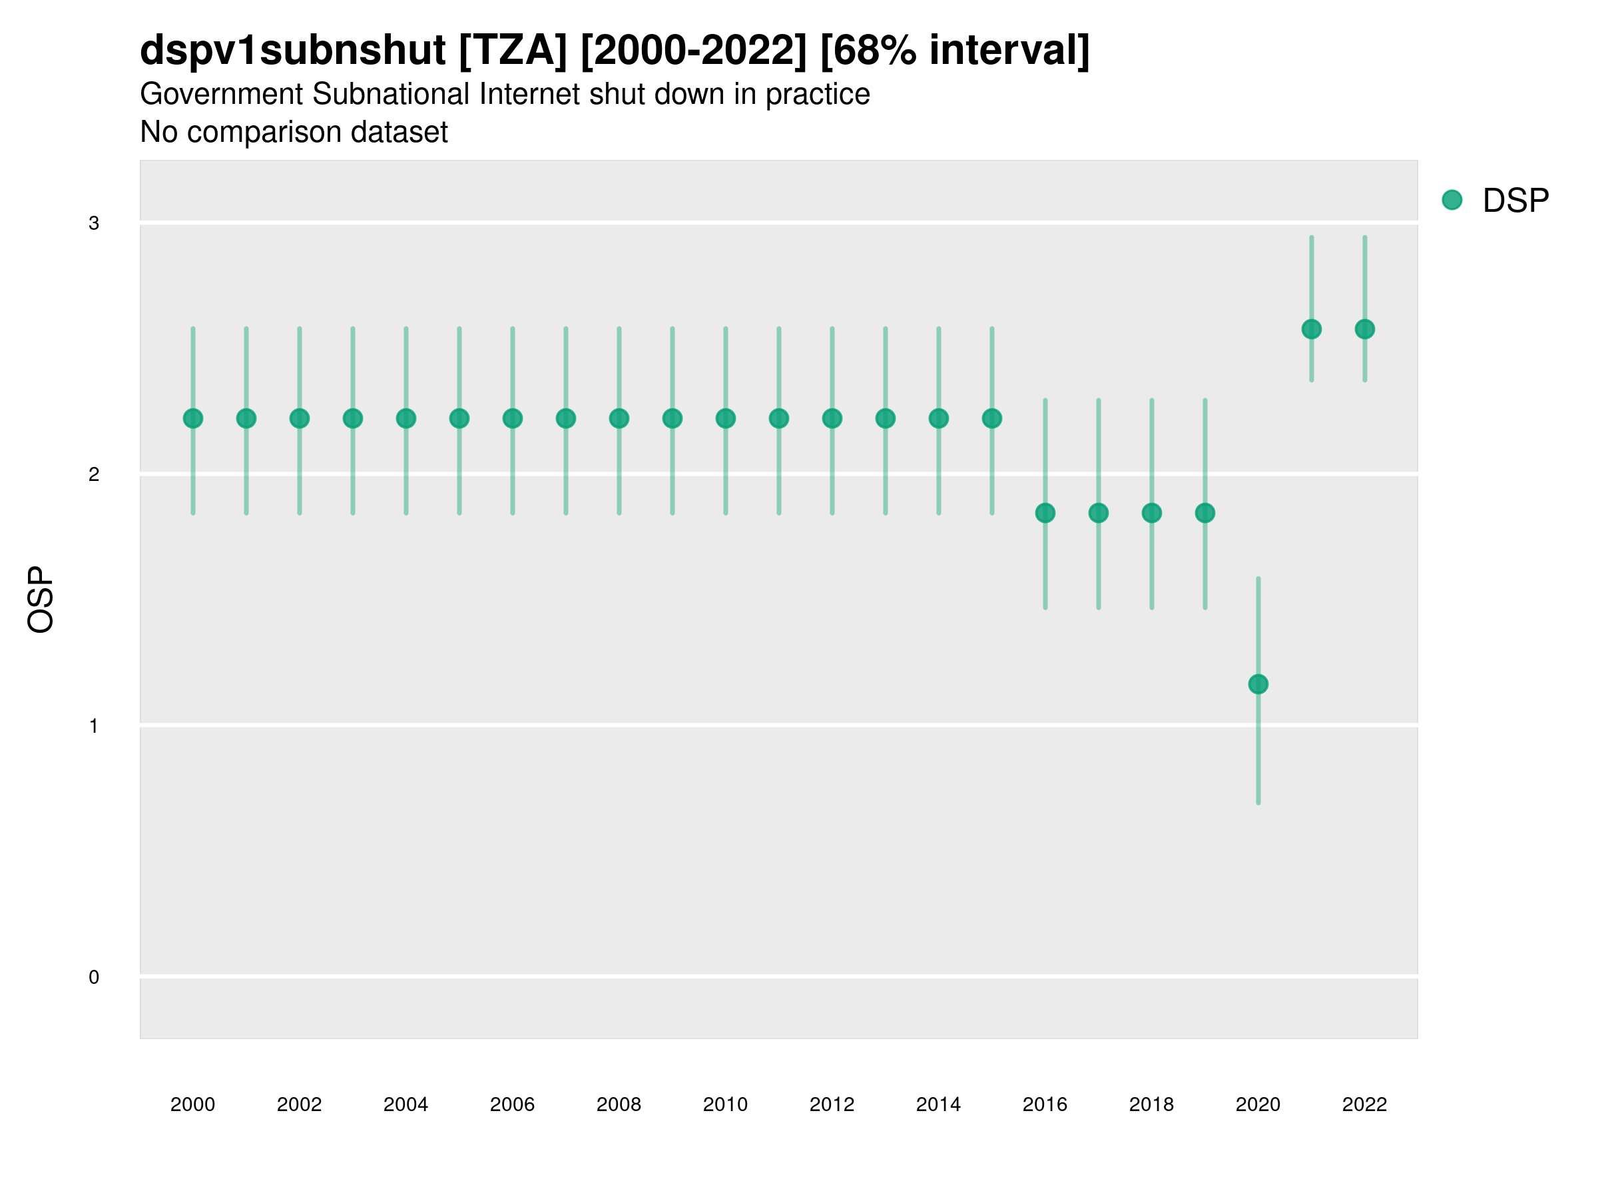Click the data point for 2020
point(1258,684)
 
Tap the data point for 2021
point(1311,330)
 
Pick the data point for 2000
point(193,418)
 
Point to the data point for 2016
point(1045,513)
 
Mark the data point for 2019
point(1205,513)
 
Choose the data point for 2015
point(992,418)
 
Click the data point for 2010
point(725,418)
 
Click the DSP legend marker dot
point(1452,200)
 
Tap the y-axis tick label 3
point(94,223)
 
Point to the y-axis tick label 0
point(94,978)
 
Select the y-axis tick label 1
point(94,726)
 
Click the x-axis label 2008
point(619,1104)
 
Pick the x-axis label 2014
point(938,1104)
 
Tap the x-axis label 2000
point(193,1104)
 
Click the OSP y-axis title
point(41,600)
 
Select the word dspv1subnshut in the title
point(292,51)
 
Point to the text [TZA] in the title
point(513,51)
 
